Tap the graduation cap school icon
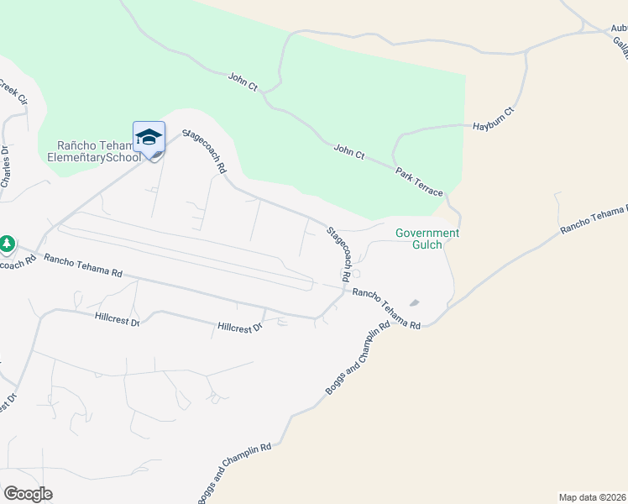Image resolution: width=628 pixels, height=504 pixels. (x=149, y=136)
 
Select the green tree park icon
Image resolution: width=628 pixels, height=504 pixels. (x=8, y=244)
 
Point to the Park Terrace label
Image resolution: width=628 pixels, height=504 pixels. (x=419, y=181)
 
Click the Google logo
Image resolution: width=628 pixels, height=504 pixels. (x=28, y=494)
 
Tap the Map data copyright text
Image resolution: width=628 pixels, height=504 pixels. (x=593, y=496)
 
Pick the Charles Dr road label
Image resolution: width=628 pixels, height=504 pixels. (x=5, y=168)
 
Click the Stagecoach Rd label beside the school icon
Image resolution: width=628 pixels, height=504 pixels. (x=205, y=151)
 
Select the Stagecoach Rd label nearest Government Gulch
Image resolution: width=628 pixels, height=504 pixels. (x=338, y=253)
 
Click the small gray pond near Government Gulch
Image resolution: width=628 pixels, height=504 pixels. (x=414, y=303)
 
